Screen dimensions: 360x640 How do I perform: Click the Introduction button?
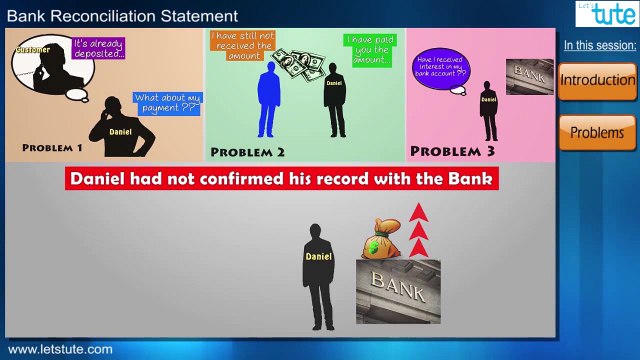pos(597,80)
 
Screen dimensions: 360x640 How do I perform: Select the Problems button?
pos(597,132)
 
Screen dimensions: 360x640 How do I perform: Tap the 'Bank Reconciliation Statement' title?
pos(123,16)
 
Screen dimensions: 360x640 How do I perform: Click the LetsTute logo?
pos(605,15)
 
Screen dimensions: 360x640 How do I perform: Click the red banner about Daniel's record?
pos(282,180)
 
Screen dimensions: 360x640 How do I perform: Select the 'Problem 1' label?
pos(52,148)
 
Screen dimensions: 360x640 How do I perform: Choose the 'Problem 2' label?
pos(248,152)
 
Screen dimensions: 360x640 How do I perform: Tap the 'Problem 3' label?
pos(452,151)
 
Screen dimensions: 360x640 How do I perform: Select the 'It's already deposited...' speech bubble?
pos(98,48)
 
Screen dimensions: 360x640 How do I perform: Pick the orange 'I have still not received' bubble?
pos(241,45)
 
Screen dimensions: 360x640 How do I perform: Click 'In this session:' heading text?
pos(599,45)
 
